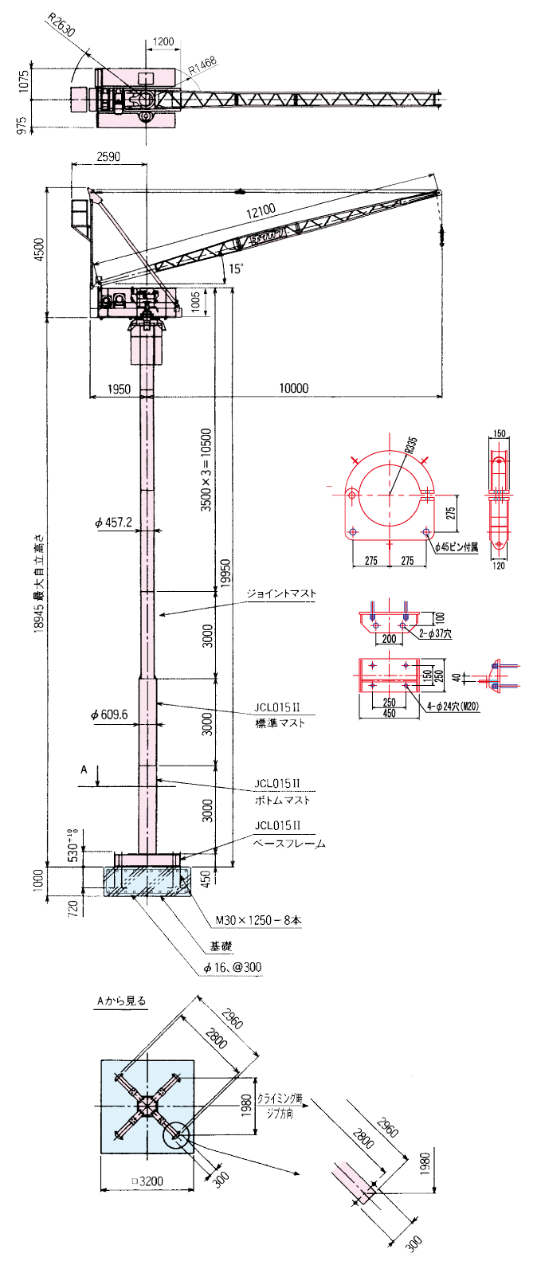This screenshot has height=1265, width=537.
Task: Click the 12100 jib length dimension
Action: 261,210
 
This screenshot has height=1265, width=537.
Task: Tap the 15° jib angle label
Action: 237,268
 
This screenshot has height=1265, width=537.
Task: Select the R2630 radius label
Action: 61,25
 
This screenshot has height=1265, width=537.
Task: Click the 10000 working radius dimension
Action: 293,389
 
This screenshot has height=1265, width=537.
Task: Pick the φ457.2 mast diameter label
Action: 113,523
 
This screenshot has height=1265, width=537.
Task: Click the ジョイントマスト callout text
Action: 280,593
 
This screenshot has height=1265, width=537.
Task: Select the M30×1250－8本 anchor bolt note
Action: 259,920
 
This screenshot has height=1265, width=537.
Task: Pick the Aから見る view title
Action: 121,1001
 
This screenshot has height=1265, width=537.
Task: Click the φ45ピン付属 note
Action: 457,547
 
